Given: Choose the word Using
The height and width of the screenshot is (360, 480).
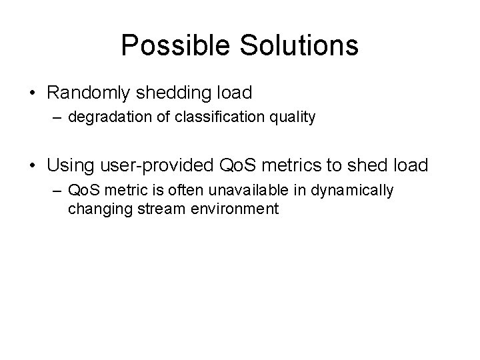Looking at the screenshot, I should tap(69, 163).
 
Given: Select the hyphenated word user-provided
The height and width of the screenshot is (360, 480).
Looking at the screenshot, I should tap(155, 163).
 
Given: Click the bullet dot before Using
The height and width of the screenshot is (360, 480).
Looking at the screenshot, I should tap(33, 164).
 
